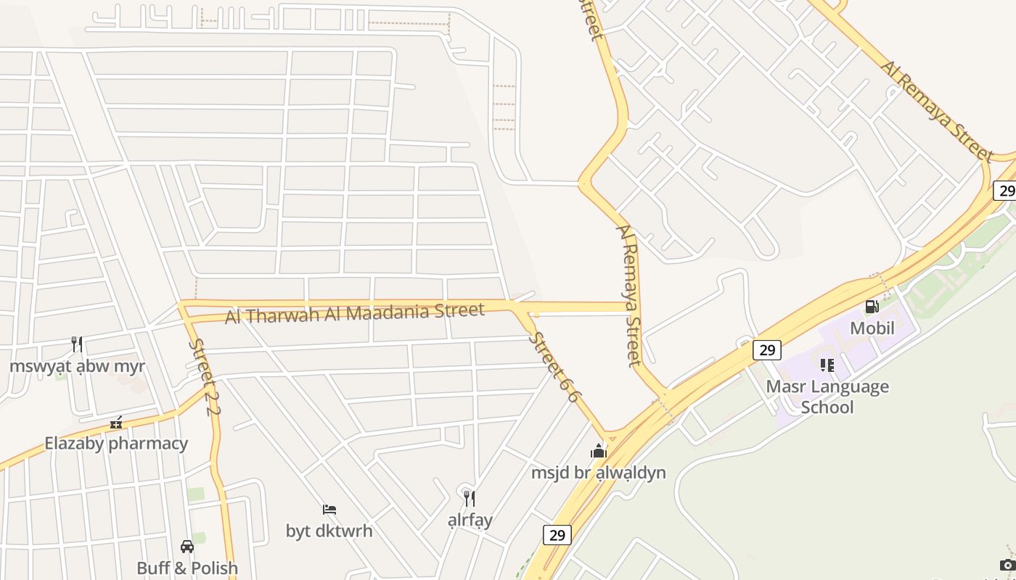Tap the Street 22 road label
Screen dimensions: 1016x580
204,377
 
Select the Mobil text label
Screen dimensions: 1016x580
872,328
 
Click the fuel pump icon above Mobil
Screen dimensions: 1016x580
872,307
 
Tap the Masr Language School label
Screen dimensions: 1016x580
827,397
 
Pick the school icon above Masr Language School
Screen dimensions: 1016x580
827,365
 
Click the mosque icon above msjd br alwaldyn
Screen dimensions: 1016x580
599,451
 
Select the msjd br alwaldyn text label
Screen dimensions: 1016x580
599,473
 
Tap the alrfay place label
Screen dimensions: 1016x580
470,520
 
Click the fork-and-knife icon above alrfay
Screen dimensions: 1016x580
470,498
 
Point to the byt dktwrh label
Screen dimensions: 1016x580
329,531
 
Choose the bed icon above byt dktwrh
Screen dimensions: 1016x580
329,510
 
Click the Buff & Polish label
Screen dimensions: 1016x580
187,568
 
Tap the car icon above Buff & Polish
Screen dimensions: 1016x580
187,546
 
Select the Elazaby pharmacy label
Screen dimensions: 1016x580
116,443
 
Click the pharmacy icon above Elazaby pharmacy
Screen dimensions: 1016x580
116,422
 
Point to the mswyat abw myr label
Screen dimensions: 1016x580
78,365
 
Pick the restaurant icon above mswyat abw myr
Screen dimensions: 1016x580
77,344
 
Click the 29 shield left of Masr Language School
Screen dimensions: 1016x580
766,350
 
